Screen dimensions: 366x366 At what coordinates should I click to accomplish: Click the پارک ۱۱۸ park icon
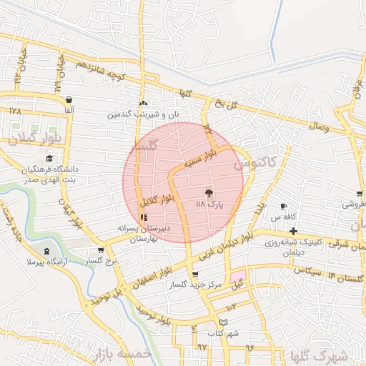pyautogui.click(x=208, y=193)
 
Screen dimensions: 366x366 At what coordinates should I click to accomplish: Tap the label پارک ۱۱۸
pyautogui.click(x=210, y=204)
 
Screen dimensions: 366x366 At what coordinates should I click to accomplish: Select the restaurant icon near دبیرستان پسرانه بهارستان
pyautogui.click(x=144, y=217)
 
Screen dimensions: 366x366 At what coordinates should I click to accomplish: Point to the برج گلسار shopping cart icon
pyautogui.click(x=101, y=251)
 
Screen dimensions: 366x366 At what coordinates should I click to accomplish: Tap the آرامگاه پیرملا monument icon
pyautogui.click(x=47, y=251)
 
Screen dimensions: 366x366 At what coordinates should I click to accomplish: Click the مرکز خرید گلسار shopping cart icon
pyautogui.click(x=195, y=274)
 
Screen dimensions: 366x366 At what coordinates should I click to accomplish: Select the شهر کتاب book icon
pyautogui.click(x=224, y=322)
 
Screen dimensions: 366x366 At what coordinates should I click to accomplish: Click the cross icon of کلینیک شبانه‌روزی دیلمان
pyautogui.click(x=293, y=231)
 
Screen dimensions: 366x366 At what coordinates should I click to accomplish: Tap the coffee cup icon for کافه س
pyautogui.click(x=283, y=206)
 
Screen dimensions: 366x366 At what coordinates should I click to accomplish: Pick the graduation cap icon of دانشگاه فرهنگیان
pyautogui.click(x=49, y=159)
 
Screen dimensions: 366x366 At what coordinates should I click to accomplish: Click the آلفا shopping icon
pyautogui.click(x=69, y=100)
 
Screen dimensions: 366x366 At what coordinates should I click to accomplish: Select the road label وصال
pyautogui.click(x=318, y=126)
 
